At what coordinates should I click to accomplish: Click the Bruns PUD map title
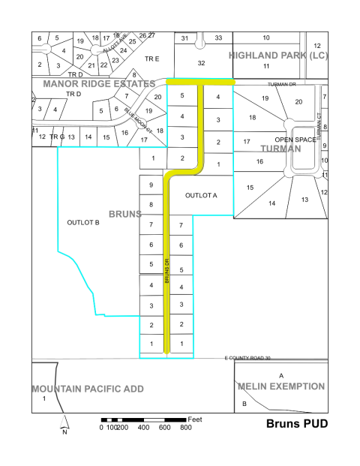click(297, 424)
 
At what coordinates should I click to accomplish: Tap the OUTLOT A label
click(201, 195)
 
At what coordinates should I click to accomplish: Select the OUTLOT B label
click(83, 223)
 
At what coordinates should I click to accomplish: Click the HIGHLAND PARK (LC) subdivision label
click(277, 56)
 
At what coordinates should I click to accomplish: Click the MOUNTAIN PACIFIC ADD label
click(87, 389)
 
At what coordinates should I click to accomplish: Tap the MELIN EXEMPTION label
click(281, 386)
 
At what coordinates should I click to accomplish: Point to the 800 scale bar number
click(185, 428)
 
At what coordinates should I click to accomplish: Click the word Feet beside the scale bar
click(196, 418)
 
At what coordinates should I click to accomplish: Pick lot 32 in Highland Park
click(201, 64)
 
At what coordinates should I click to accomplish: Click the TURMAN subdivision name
click(280, 149)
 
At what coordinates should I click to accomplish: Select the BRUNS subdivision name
click(126, 214)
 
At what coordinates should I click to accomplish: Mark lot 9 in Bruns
click(151, 185)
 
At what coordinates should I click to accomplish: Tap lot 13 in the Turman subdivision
click(304, 200)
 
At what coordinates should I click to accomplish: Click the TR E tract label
click(152, 58)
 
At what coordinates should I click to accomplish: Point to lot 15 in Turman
click(250, 188)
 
